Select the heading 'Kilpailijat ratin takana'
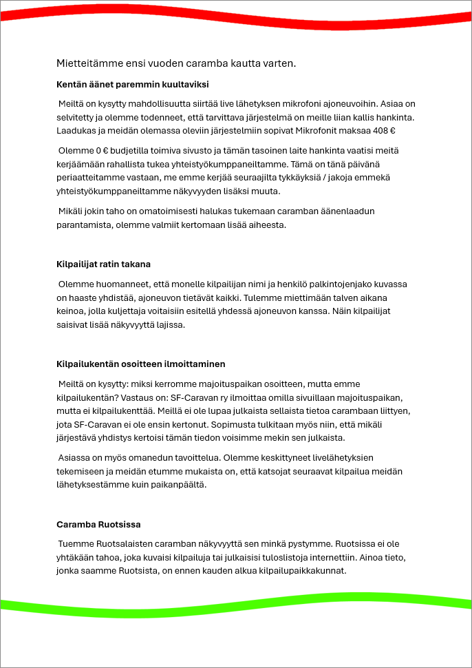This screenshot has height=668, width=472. coord(103,264)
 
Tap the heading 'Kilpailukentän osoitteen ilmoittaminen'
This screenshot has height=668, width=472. coord(140,364)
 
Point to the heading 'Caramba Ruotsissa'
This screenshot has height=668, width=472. coord(98,525)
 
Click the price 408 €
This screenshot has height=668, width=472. coord(382,130)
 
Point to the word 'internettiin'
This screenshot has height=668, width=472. coord(389,557)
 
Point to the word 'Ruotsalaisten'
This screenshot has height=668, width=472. coord(120,544)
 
